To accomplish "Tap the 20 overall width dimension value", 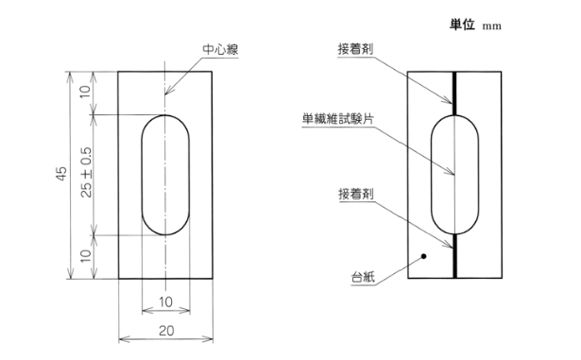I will [164, 331].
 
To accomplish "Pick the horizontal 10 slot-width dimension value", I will [164, 301].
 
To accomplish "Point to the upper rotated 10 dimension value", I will [86, 93].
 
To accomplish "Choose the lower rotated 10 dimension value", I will [86, 256].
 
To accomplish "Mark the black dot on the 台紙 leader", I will [424, 255].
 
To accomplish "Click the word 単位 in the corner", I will [465, 24].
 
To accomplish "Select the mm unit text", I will [491, 26].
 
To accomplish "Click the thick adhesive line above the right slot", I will [455, 94].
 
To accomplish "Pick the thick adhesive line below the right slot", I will [455, 255].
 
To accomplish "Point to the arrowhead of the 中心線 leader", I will [165, 95].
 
